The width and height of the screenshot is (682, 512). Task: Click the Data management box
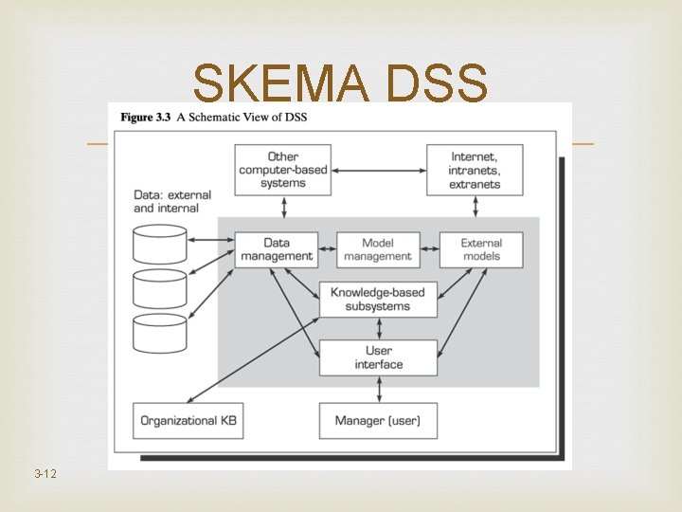click(276, 249)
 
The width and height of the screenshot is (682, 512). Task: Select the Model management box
click(377, 249)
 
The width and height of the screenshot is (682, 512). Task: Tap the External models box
click(481, 249)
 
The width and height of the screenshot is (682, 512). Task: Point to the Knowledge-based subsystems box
click(377, 299)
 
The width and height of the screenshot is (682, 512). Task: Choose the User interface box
click(378, 357)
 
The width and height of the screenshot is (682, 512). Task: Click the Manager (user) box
click(378, 420)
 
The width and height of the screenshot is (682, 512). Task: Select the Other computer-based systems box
click(282, 170)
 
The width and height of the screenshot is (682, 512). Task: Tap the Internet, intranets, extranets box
click(475, 170)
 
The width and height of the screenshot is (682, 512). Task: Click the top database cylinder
click(160, 244)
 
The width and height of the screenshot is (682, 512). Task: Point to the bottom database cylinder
click(160, 332)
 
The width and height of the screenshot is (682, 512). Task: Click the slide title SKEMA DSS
click(340, 84)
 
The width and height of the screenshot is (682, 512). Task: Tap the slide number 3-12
click(45, 472)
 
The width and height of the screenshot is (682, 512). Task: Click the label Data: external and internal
click(171, 201)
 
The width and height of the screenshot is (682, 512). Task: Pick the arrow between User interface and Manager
click(379, 389)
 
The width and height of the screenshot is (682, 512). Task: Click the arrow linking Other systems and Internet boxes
click(378, 170)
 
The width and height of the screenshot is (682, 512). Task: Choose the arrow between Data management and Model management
click(327, 249)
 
